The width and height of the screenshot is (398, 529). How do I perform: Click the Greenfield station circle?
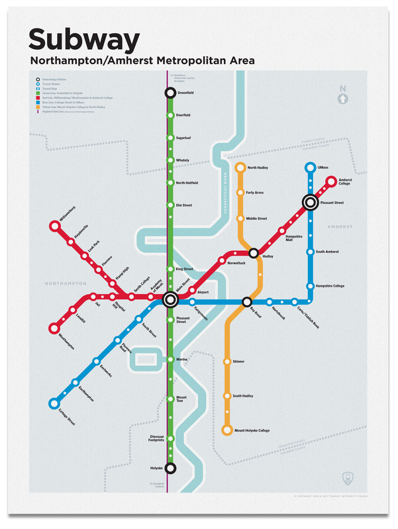click(x=170, y=93)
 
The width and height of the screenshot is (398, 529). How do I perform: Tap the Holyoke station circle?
click(x=170, y=468)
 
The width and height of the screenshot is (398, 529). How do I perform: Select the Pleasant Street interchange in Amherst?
click(x=310, y=202)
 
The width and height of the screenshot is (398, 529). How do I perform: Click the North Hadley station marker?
click(x=240, y=168)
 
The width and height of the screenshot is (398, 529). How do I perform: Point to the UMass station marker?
click(x=310, y=168)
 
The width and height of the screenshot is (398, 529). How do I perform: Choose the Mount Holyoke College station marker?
click(x=228, y=430)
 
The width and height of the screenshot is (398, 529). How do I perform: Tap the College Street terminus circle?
click(x=54, y=403)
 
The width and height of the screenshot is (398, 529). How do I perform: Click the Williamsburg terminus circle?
click(x=54, y=227)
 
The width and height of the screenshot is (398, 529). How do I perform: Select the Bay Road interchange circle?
click(x=248, y=302)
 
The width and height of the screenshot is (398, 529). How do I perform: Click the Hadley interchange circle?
click(x=254, y=252)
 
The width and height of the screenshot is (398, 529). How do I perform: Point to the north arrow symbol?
click(x=342, y=97)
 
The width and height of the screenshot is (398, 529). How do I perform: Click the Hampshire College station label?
click(x=330, y=285)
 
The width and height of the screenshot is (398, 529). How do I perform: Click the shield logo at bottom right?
click(x=349, y=477)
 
